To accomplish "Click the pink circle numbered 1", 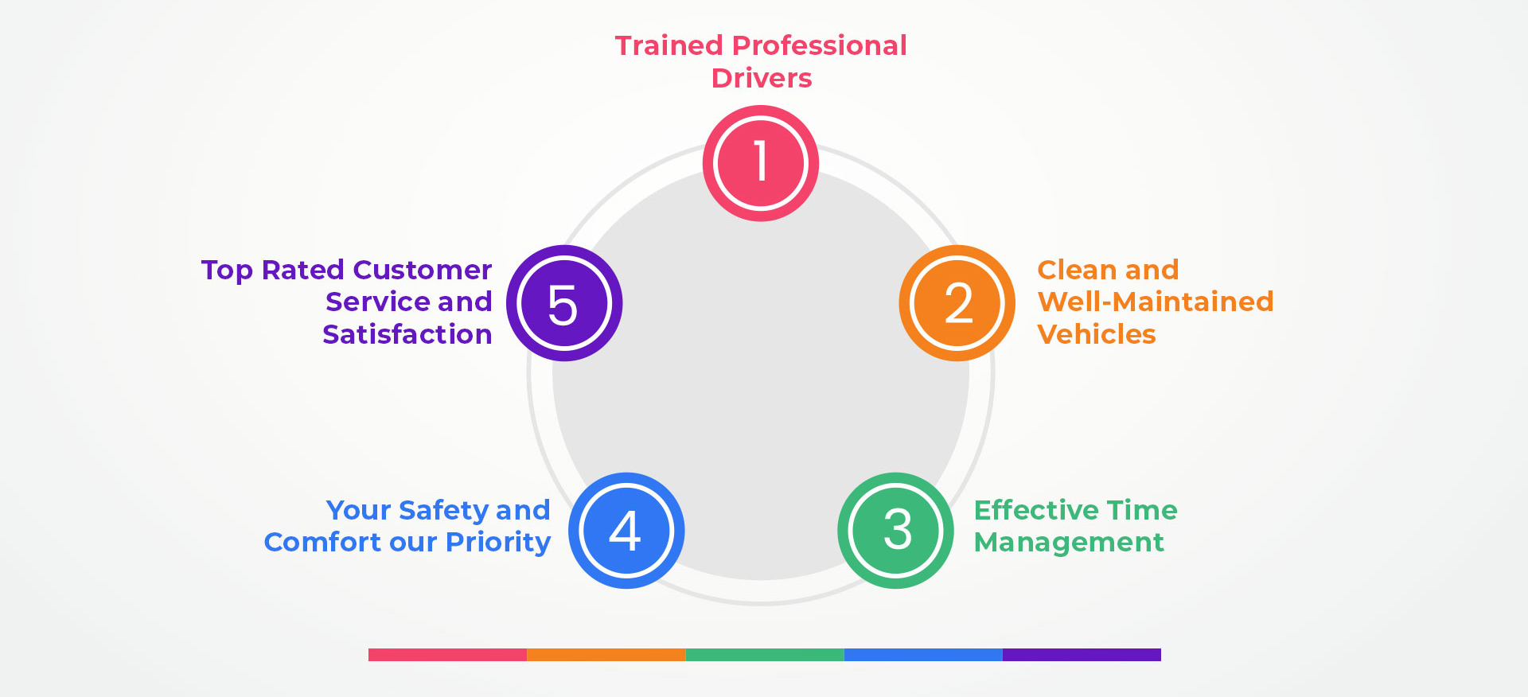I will point(761,163).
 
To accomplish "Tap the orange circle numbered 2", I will point(957,303).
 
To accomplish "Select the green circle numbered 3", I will point(896,531).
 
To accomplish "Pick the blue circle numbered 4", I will point(626,531).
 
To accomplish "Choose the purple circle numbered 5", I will point(564,303).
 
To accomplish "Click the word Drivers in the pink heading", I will point(762,78).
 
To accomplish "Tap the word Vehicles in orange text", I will point(1097,334).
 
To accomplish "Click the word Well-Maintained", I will point(1156,302).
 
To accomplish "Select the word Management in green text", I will point(1069,542).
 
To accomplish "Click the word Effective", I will point(1026,509).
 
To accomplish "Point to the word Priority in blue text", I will point(498,543).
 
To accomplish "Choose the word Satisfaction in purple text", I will point(407,334).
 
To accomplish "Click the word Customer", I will point(423,270).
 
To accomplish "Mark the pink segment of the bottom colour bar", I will point(447,655).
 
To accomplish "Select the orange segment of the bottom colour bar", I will point(606,655).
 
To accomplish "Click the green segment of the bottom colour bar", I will point(764,655).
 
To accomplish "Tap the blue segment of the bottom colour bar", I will point(923,655).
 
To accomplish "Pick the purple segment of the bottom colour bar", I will point(1082,655).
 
